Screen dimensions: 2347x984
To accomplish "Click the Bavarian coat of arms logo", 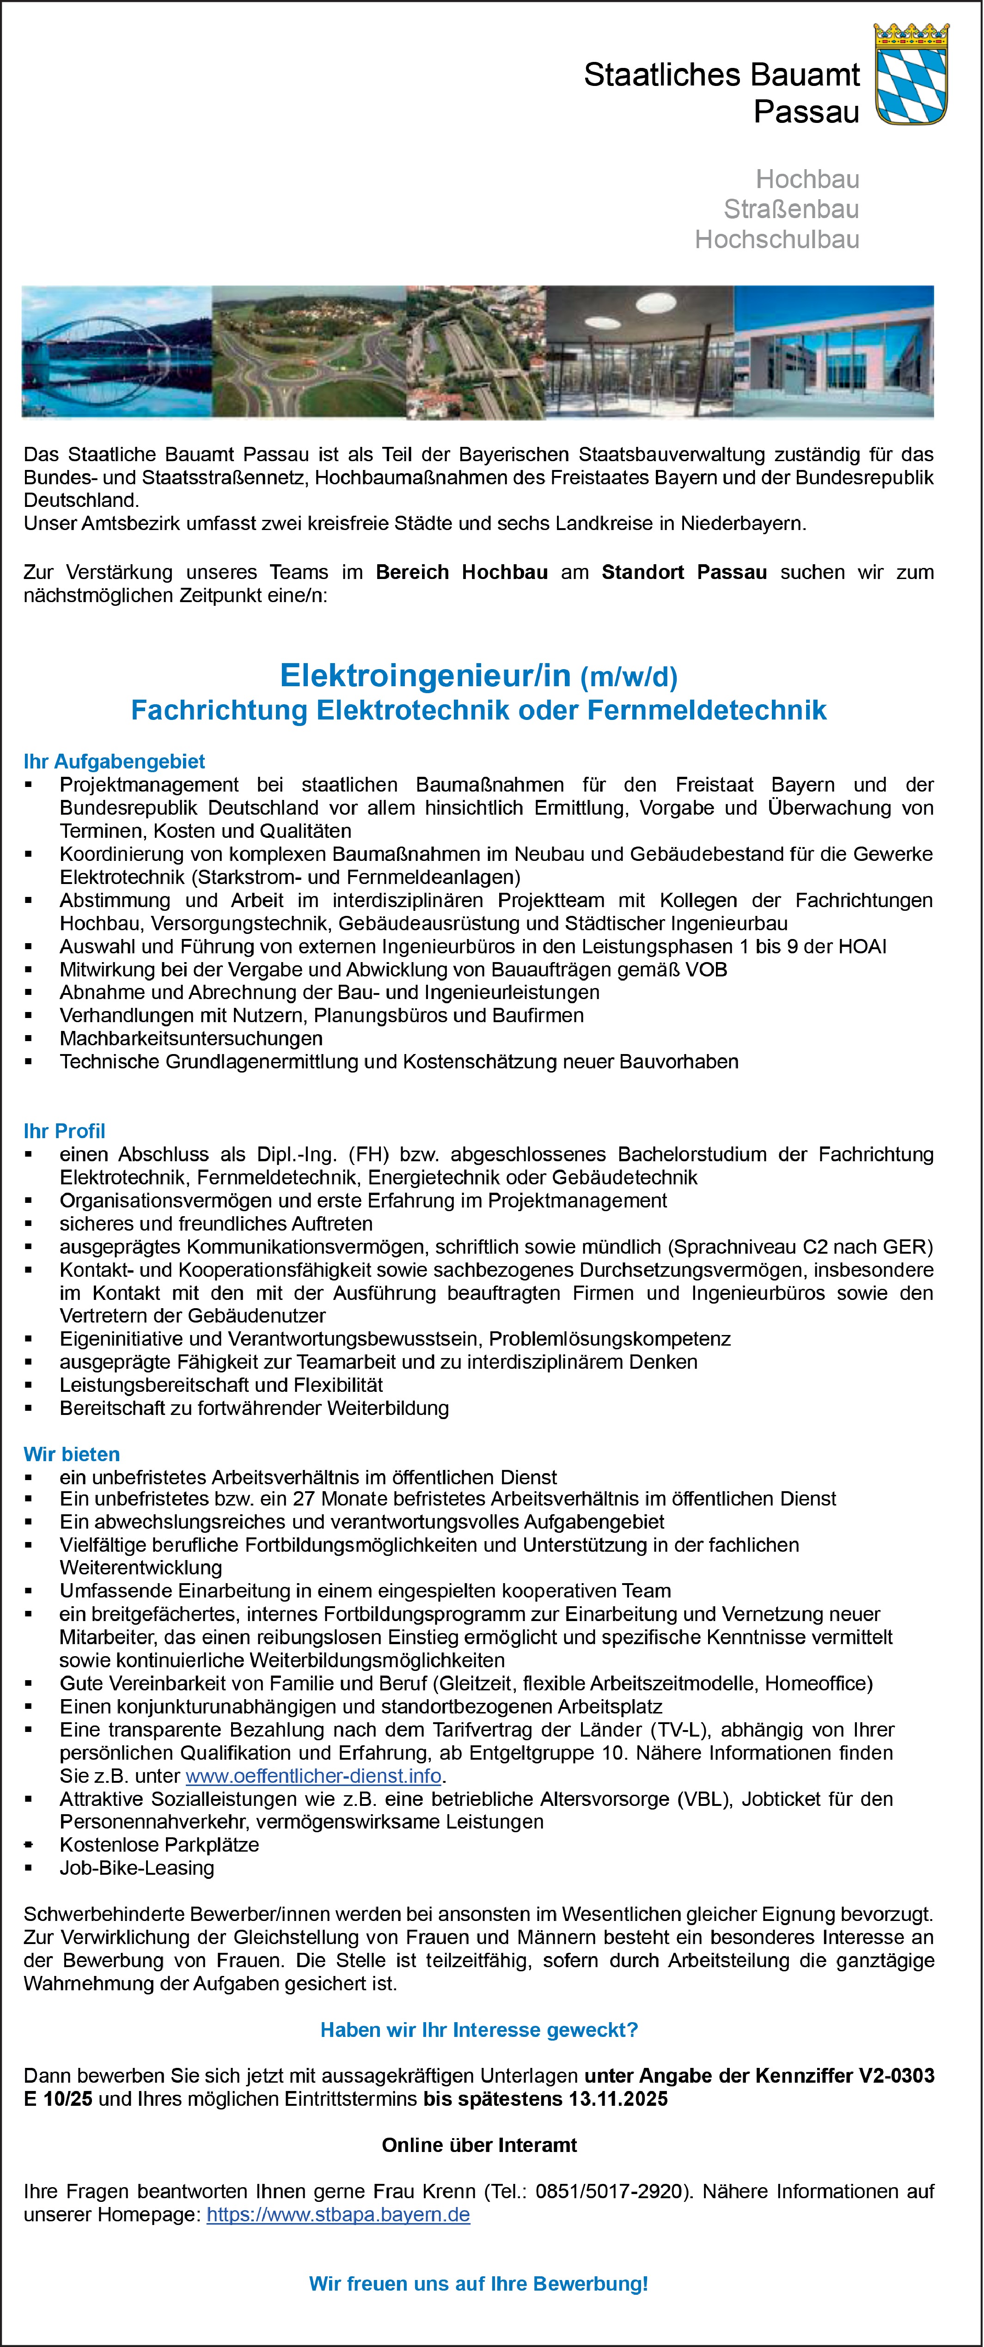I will point(911,75).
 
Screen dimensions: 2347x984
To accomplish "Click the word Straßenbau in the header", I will point(791,209).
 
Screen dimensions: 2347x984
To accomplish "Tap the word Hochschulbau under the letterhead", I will point(777,240).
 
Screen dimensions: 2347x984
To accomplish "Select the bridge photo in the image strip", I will point(116,352).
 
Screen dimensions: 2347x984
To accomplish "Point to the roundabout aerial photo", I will point(310,352).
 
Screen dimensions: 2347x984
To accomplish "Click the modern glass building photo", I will point(834,352).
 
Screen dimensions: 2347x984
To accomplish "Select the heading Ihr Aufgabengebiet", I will point(114,762).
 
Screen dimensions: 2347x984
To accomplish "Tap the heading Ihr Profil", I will point(65,1132).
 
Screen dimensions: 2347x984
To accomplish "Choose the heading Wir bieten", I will point(72,1454).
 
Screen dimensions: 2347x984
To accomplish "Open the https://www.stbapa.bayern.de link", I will point(338,2215).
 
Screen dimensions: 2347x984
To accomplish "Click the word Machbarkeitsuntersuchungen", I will point(191,1039).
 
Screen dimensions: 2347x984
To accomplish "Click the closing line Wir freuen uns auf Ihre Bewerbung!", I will point(479,2284).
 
